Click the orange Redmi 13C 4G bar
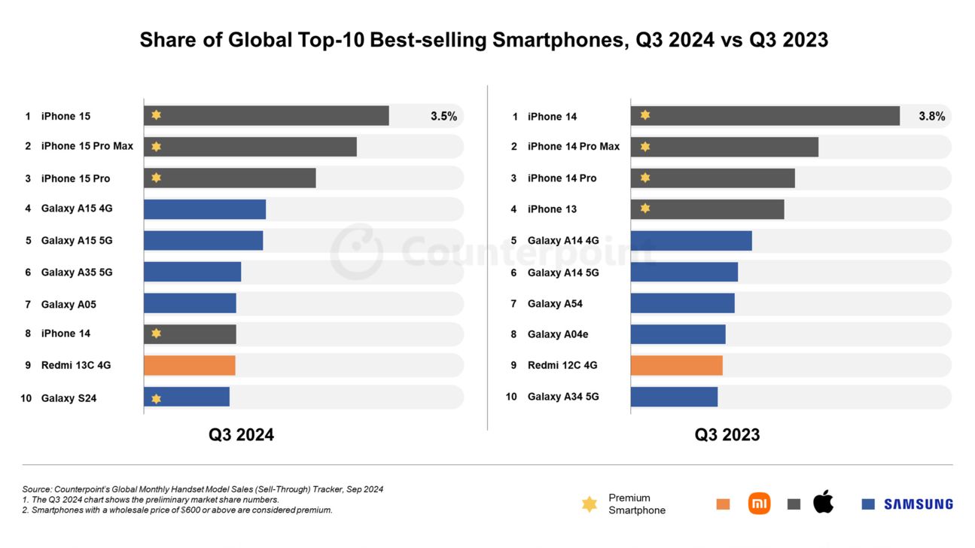click(x=189, y=366)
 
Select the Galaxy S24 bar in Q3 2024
click(x=187, y=397)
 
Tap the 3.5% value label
click(x=443, y=116)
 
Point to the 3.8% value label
click(x=931, y=116)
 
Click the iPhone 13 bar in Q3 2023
click(x=707, y=209)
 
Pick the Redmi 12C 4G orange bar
click(x=676, y=366)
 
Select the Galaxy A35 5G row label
click(x=77, y=272)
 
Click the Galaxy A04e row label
click(x=558, y=334)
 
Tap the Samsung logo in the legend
click(x=918, y=504)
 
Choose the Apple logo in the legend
click(x=824, y=502)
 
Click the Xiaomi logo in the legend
click(x=759, y=504)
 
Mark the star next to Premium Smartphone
click(x=590, y=504)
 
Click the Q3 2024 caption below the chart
click(x=241, y=435)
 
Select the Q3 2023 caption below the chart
click(x=727, y=435)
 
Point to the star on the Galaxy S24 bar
click(x=156, y=398)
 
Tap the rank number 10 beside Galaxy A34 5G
click(x=511, y=397)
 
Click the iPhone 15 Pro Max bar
click(x=250, y=147)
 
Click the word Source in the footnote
click(x=37, y=489)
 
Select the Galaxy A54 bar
click(x=682, y=303)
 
